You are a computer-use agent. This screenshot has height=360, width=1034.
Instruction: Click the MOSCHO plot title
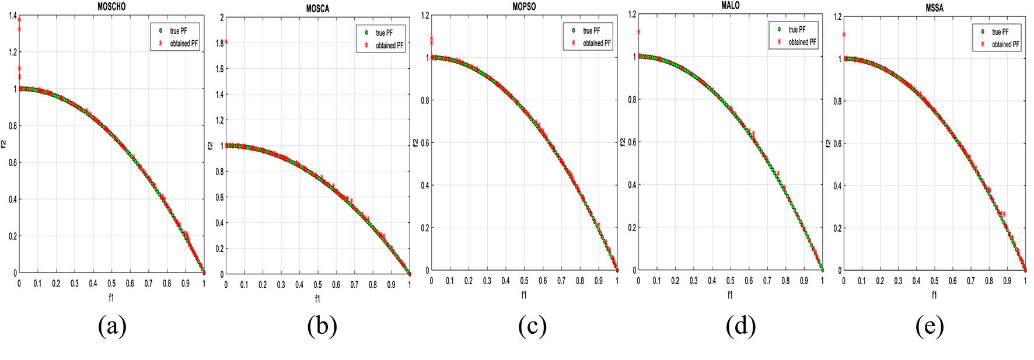tap(111, 6)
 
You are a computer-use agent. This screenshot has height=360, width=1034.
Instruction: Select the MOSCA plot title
tap(317, 9)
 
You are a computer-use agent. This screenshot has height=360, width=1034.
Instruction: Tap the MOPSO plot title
tap(523, 6)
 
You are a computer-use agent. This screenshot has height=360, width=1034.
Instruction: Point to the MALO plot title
tap(730, 5)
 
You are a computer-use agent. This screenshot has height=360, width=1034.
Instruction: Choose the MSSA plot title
tap(934, 8)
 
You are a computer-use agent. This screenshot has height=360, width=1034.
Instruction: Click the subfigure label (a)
tap(112, 327)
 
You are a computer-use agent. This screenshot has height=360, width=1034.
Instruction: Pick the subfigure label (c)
tap(532, 327)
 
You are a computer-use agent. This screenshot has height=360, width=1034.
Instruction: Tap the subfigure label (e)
tap(929, 327)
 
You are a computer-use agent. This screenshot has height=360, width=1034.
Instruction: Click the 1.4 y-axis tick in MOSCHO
tap(12, 16)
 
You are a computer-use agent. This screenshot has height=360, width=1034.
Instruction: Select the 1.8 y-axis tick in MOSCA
tap(219, 43)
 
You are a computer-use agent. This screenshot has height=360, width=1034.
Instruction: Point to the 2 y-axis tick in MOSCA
tap(222, 18)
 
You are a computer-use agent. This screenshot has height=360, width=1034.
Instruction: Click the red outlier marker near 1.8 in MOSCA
tap(226, 41)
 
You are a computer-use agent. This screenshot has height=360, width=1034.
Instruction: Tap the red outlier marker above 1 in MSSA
tap(844, 34)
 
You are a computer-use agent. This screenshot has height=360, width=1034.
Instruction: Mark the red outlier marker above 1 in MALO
tap(639, 32)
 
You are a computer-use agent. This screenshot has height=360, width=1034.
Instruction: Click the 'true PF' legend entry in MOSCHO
tap(179, 31)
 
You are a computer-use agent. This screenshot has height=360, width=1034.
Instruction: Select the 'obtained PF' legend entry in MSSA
tap(1005, 44)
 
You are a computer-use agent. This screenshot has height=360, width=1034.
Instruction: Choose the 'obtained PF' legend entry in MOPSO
tap(596, 43)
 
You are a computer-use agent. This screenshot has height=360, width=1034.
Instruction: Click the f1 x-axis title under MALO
tap(730, 295)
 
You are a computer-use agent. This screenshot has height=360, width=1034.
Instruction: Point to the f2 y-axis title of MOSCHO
tap(4, 144)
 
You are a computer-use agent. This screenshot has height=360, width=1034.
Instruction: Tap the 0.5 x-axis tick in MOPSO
tap(524, 281)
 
